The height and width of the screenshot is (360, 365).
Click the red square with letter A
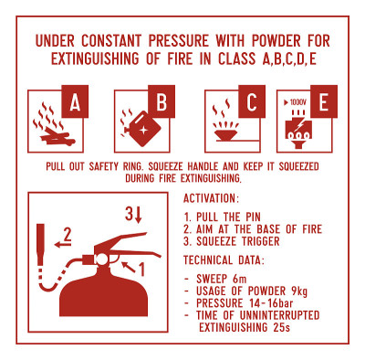click(75, 101)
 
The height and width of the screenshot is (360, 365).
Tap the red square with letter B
click(162, 101)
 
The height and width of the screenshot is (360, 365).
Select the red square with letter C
click(252, 101)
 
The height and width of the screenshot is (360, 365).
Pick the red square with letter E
click(324, 101)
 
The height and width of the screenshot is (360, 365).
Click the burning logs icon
click(55, 124)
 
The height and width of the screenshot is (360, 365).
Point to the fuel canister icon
click(141, 129)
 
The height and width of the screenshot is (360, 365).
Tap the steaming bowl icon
click(225, 126)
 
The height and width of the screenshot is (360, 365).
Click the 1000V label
click(296, 102)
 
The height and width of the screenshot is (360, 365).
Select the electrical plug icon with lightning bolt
click(298, 129)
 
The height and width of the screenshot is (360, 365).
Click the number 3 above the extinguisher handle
click(129, 214)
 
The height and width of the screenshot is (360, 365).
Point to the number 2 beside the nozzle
click(68, 235)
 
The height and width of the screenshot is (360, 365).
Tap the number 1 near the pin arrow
click(141, 269)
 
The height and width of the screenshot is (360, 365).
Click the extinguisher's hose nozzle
click(40, 245)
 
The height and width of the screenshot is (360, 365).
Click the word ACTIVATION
click(209, 198)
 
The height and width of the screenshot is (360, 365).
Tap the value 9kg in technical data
click(299, 291)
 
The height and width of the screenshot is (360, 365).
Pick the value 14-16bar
click(271, 303)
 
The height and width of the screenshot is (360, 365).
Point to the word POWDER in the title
click(276, 41)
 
